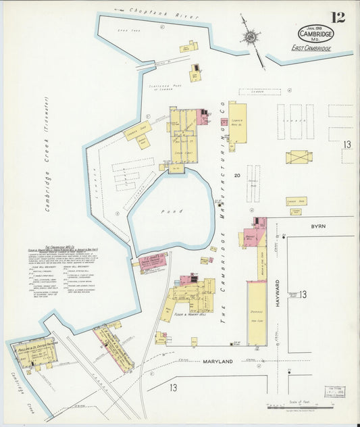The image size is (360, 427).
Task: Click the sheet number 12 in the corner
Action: [338, 18]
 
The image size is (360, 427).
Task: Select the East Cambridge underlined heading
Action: [311, 48]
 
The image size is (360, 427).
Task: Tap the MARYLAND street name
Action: [217, 361]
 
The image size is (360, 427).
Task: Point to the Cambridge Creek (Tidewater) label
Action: [48, 163]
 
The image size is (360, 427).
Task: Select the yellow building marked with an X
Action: [299, 157]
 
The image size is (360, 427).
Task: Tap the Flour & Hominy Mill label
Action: [188, 315]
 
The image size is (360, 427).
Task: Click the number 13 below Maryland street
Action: [174, 387]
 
